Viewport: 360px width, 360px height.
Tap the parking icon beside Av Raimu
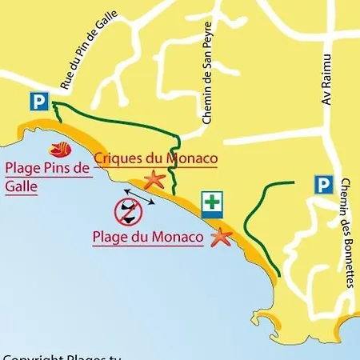322,186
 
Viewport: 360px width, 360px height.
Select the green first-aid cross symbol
211,204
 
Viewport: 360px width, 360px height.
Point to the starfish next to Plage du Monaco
220,236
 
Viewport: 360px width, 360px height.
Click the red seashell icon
61,149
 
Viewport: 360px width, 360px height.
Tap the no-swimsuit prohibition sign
129,211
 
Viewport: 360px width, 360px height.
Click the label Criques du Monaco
156,158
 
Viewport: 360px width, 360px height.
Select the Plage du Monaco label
147,238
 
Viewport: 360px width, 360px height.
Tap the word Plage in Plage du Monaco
110,238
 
